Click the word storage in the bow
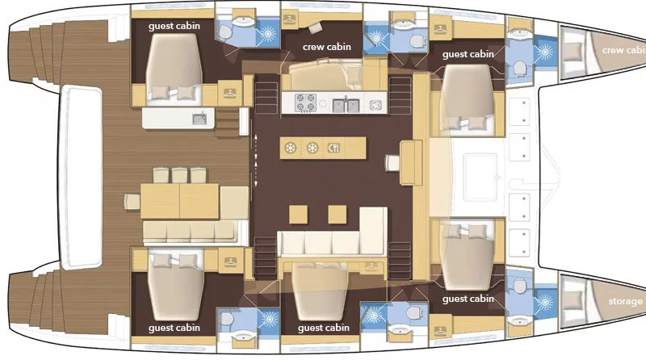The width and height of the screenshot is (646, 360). [625, 302]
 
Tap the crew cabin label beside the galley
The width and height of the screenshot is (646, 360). [327, 47]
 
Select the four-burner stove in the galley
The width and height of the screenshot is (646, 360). [306, 103]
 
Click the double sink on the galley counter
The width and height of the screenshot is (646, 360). [346, 105]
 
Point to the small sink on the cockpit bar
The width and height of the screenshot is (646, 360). [199, 119]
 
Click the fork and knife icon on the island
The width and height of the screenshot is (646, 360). [333, 148]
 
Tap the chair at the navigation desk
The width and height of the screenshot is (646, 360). [392, 162]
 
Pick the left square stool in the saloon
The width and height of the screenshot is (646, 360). [298, 215]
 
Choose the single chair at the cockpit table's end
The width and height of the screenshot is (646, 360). [132, 202]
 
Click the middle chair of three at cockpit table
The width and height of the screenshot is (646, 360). [179, 175]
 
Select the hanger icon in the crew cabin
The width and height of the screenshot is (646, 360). [290, 19]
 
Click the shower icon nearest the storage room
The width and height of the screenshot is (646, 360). [544, 303]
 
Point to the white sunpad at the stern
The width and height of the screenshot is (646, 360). [81, 177]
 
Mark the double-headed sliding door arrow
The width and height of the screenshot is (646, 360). [256, 161]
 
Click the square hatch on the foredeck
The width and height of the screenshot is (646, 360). [480, 177]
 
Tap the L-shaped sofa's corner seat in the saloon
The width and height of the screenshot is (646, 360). [373, 231]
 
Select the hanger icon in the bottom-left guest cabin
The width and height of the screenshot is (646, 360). [230, 262]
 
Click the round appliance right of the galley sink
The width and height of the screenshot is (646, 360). [375, 105]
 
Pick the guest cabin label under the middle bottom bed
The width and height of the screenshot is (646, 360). [324, 328]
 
